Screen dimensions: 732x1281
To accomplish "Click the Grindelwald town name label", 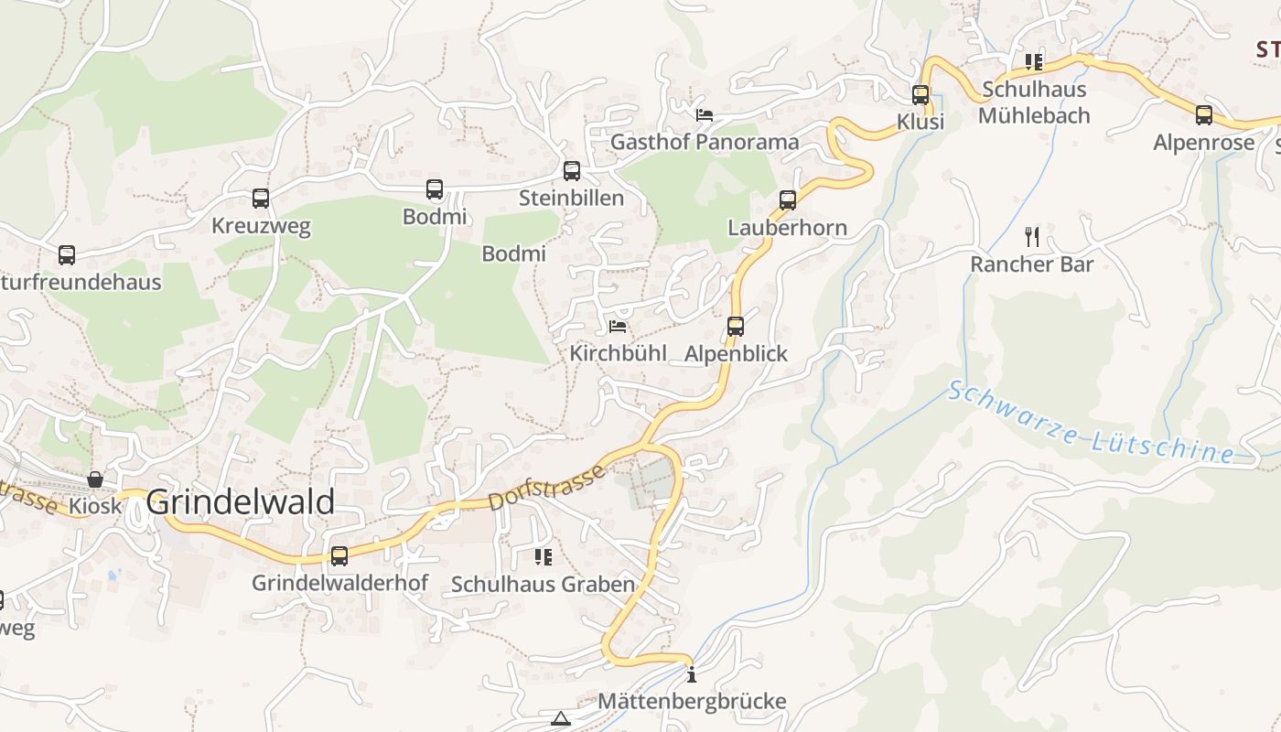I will point(240,502).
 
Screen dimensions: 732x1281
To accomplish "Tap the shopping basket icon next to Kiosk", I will point(95,479).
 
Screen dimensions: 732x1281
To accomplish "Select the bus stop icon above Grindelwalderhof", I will point(339,555).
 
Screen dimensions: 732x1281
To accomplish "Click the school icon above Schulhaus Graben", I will point(544,556).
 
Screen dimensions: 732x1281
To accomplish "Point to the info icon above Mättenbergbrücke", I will point(691,675).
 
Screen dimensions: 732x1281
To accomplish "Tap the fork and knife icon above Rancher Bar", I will point(1032,237).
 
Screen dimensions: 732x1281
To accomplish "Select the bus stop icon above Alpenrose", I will point(1204,115).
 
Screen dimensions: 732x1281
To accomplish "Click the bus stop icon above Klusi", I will point(920,94).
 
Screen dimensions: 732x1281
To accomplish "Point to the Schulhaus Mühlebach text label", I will point(1034,102).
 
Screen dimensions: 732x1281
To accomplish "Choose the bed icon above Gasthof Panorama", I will point(705,114).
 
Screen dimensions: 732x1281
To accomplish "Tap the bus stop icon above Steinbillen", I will point(572,170).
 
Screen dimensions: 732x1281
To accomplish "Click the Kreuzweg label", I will point(261,226).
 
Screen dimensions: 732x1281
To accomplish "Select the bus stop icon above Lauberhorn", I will point(788,199).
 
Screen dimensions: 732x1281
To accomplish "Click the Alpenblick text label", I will point(736,354).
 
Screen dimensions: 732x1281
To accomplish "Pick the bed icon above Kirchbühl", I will point(619,326).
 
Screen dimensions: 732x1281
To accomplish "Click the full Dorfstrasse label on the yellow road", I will point(546,487).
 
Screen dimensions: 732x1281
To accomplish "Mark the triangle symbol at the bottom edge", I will point(561,719).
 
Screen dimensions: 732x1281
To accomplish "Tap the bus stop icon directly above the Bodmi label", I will point(435,189).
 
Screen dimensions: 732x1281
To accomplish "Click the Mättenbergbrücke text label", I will point(692,702).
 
